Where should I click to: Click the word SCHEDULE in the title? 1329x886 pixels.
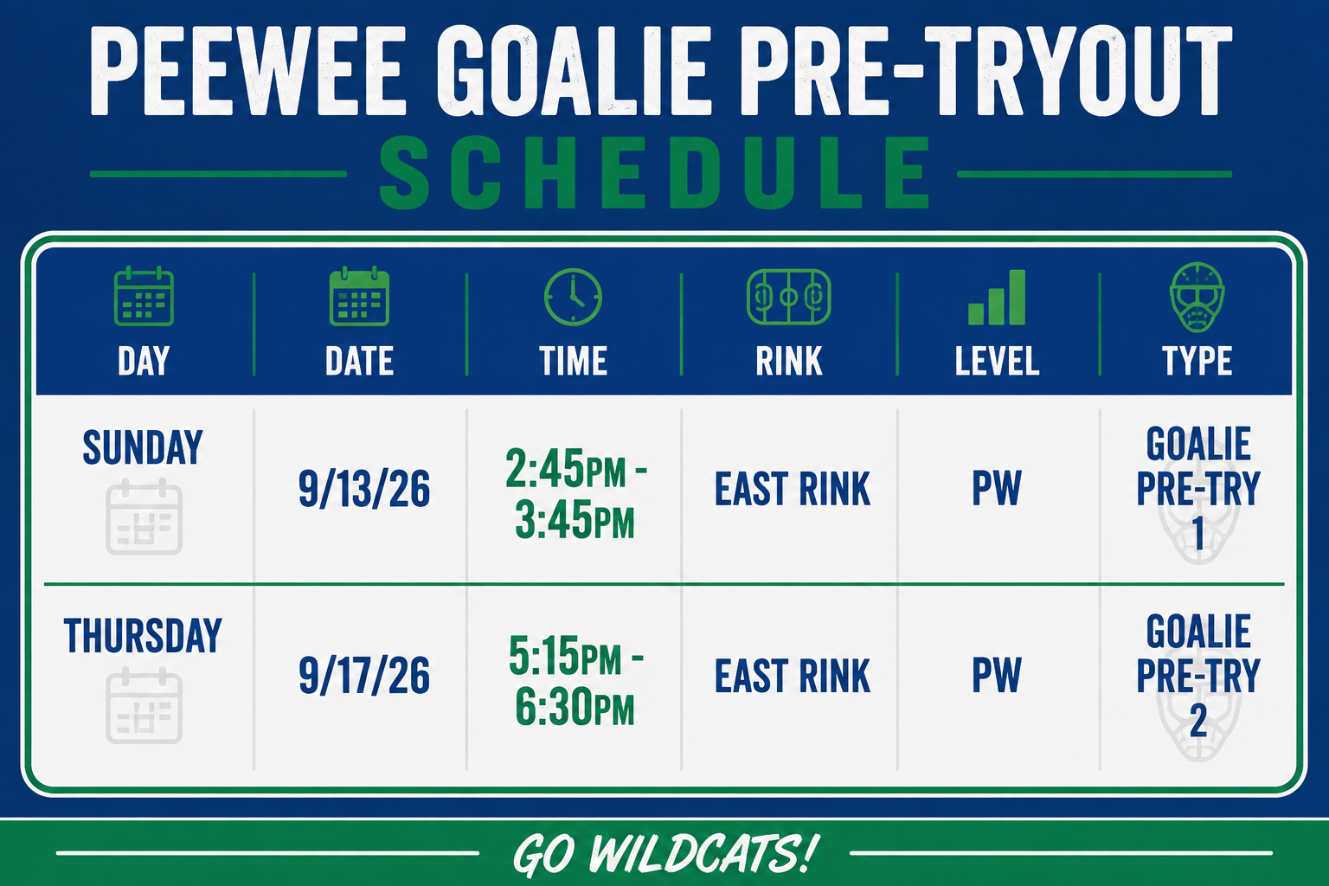click(x=654, y=172)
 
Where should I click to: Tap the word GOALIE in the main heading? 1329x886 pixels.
click(x=574, y=71)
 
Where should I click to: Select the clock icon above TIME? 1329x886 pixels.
click(x=573, y=297)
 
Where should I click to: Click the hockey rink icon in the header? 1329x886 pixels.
click(x=788, y=297)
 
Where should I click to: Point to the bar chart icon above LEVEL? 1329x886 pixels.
click(x=997, y=297)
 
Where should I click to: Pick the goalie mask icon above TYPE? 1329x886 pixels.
click(x=1197, y=297)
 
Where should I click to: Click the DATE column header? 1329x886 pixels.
click(x=359, y=361)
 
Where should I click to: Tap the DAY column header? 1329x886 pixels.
click(x=144, y=361)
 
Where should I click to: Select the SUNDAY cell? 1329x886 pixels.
click(x=143, y=447)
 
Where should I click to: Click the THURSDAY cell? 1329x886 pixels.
click(x=143, y=636)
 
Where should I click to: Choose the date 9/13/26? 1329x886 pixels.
click(x=363, y=488)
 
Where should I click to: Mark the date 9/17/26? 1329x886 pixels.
click(x=363, y=676)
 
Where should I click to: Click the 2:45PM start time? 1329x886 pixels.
click(x=566, y=469)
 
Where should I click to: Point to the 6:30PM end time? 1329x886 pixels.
click(x=575, y=707)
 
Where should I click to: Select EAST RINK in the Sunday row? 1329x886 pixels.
click(x=792, y=489)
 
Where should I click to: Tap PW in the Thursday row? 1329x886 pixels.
click(x=996, y=675)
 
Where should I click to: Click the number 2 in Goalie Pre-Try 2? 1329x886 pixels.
click(x=1197, y=721)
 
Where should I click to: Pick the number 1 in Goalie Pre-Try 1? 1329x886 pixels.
click(x=1198, y=533)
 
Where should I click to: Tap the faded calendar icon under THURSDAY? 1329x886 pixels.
click(x=144, y=705)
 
